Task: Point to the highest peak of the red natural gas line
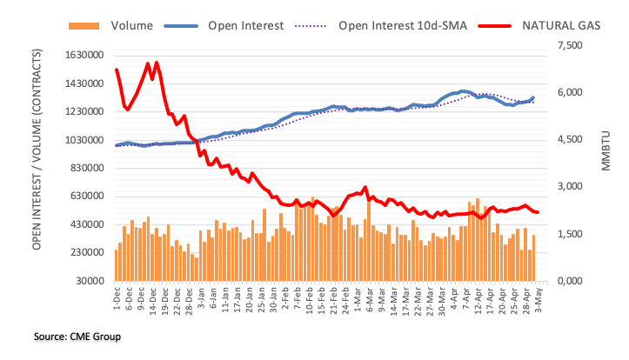point(156,63)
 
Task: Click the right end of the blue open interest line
point(533,97)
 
